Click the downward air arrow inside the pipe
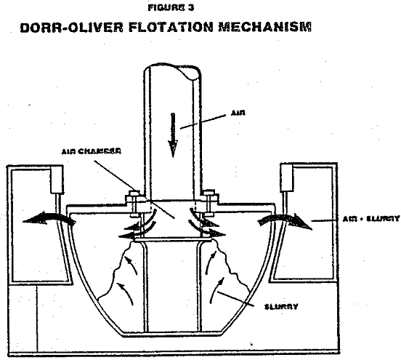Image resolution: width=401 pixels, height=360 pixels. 173,137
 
